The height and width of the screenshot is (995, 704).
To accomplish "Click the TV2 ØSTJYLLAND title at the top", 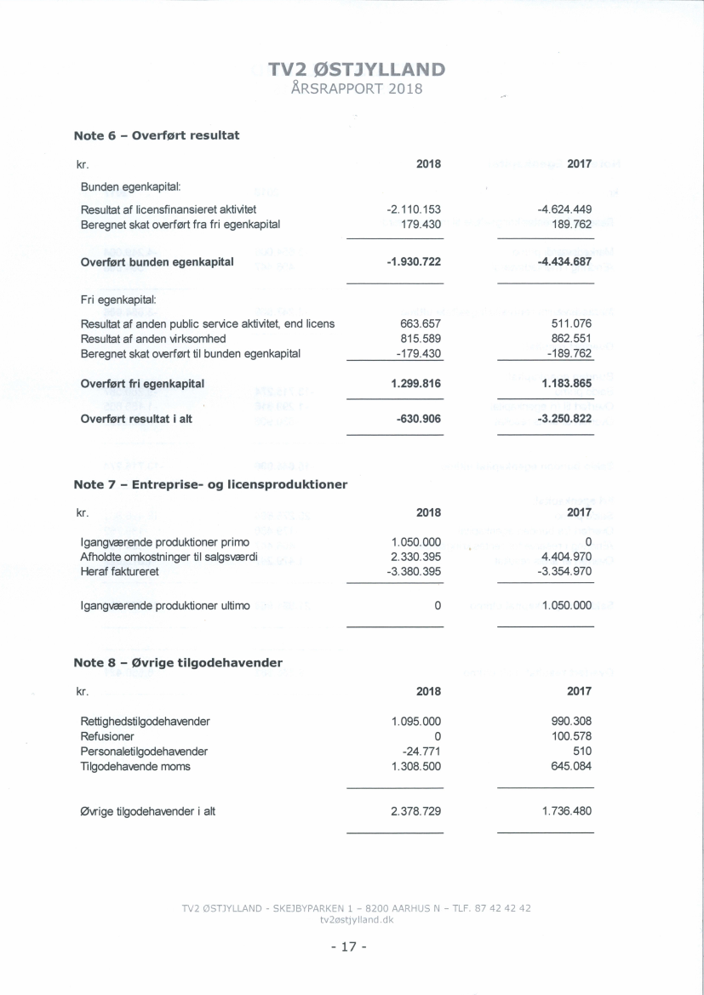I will click(356, 70).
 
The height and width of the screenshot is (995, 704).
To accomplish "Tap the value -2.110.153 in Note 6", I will click(414, 209).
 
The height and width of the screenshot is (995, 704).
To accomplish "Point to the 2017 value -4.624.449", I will click(560, 209).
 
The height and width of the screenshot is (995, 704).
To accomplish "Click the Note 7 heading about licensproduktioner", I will click(212, 484).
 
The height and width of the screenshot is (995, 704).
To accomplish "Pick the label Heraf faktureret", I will click(120, 571).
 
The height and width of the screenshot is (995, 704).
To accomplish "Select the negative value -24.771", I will click(423, 752).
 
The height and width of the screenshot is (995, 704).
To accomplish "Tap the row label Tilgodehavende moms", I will click(135, 766).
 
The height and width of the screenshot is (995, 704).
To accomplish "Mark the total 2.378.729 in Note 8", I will click(416, 811).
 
